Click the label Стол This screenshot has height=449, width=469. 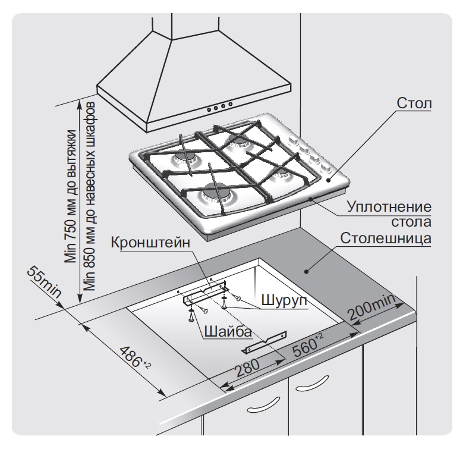414,104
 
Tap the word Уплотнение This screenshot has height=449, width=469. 389,209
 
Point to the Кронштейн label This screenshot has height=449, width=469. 149,243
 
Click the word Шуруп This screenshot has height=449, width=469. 282,301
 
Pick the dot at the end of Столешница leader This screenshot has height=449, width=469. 306,271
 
